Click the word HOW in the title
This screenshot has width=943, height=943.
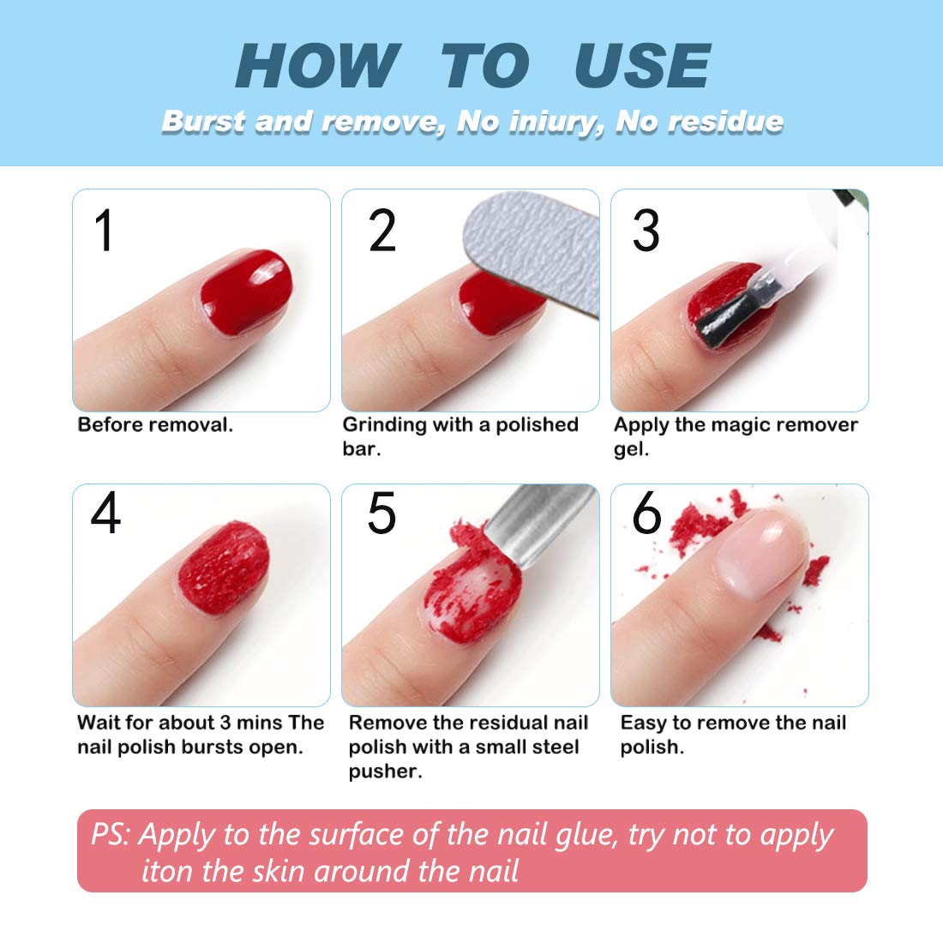click(316, 66)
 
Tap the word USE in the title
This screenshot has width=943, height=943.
click(642, 66)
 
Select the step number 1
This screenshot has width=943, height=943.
click(104, 231)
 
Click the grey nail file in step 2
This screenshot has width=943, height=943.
click(532, 249)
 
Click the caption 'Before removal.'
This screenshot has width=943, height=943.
click(155, 425)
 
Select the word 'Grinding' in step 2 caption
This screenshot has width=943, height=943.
click(384, 425)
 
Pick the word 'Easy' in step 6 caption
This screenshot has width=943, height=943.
click(644, 723)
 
